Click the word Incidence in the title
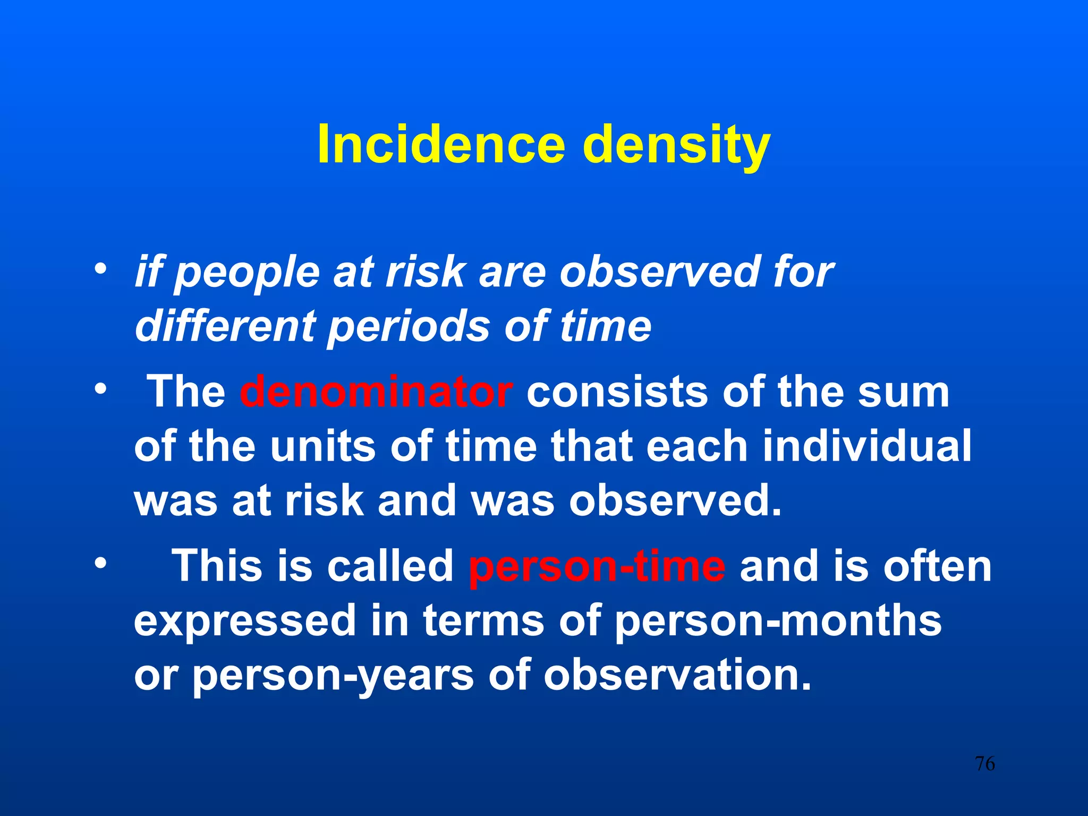pyautogui.click(x=440, y=144)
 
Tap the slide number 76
pyautogui.click(x=984, y=764)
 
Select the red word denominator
pyautogui.click(x=376, y=392)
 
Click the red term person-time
pyautogui.click(x=597, y=566)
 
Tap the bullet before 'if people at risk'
pyautogui.click(x=99, y=268)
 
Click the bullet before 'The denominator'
pyautogui.click(x=99, y=390)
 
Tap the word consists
pyautogui.click(x=617, y=392)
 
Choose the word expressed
pyautogui.click(x=245, y=622)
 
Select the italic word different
pyautogui.click(x=226, y=326)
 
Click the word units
pyautogui.click(x=324, y=446)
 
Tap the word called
pyautogui.click(x=390, y=566)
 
